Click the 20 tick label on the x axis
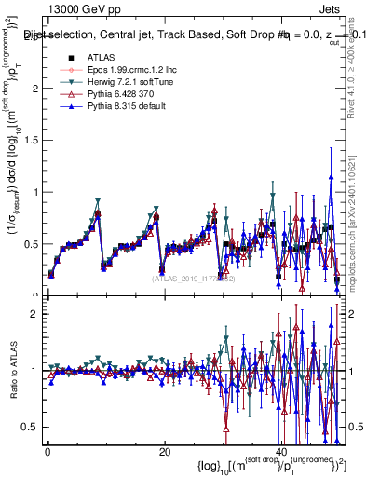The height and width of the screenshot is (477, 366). click(164, 451)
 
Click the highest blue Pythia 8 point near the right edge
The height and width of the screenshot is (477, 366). click(331, 177)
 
